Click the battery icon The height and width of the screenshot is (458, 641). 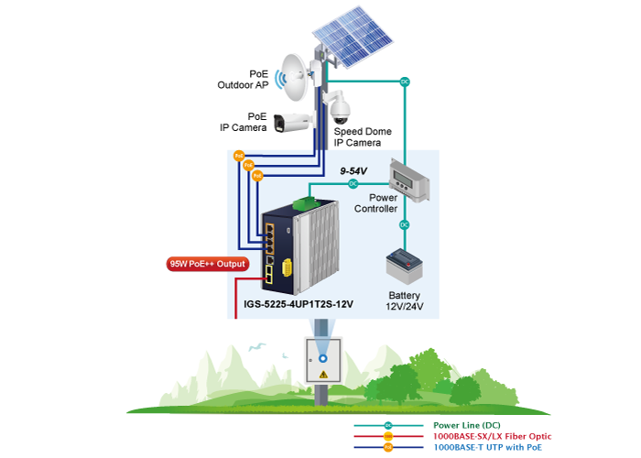pyautogui.click(x=403, y=267)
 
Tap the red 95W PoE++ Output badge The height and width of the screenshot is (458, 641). pyautogui.click(x=208, y=264)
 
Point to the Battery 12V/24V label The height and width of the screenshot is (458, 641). pyautogui.click(x=404, y=302)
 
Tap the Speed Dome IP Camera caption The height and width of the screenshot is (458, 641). pyautogui.click(x=363, y=137)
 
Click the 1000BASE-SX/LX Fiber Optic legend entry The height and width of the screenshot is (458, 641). pyautogui.click(x=492, y=437)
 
